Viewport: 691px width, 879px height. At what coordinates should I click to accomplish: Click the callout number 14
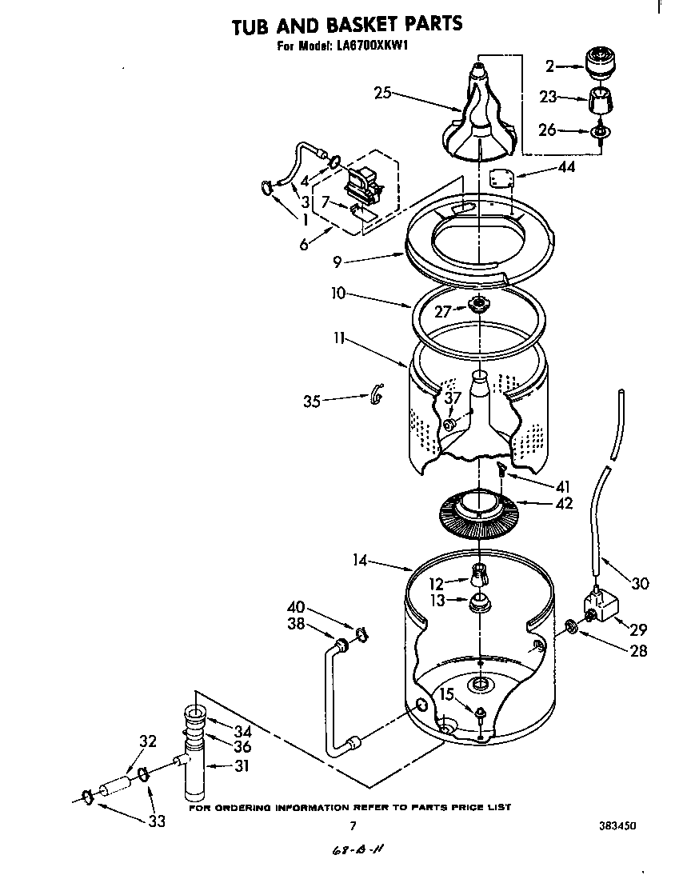tap(359, 561)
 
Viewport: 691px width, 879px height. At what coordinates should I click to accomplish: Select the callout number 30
tap(640, 584)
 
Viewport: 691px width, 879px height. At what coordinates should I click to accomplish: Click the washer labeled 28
tap(571, 625)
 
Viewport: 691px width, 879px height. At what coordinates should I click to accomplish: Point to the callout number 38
tap(296, 624)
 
